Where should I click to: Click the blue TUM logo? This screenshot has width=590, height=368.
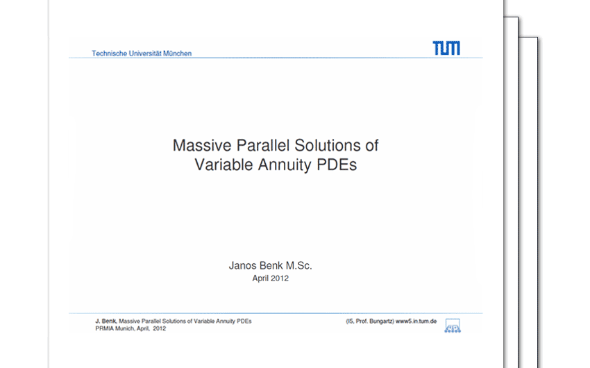[x=446, y=48]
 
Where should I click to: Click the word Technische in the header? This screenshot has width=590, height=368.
[x=109, y=53]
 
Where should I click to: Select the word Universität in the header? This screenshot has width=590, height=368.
[x=145, y=53]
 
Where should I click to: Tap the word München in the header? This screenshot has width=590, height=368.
[x=177, y=53]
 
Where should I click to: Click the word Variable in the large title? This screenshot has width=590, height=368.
[x=224, y=165]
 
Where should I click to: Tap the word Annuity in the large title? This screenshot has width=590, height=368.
[x=285, y=165]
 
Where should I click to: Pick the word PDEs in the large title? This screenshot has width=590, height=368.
[x=337, y=165]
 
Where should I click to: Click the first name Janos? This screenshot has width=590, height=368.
[x=243, y=266]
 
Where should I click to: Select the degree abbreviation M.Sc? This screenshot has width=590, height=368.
[x=298, y=266]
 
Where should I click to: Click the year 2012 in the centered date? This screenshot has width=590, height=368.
[x=280, y=278]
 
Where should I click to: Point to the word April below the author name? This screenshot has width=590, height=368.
[x=260, y=279]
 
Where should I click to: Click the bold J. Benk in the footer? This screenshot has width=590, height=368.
[x=106, y=321]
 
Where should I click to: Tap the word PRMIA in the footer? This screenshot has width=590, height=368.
[x=105, y=328]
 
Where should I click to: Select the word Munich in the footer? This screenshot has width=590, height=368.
[x=125, y=328]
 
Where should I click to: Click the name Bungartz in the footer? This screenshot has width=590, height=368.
[x=382, y=321]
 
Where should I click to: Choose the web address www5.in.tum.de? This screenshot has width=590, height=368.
[x=416, y=321]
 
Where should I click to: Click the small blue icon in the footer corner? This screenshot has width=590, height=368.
[x=453, y=326]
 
